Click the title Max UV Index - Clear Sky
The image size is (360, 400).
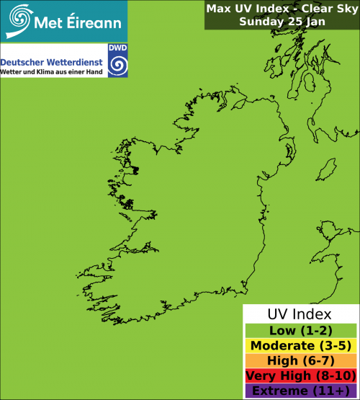281,9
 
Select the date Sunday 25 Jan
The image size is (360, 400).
281,22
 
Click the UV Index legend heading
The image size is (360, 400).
300,314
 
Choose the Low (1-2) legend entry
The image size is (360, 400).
300,331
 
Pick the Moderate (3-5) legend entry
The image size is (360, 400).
300,346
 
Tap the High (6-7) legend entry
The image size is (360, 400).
300,361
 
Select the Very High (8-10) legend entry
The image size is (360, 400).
300,376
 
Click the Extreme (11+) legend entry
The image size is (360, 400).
300,391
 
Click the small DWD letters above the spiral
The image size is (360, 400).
116,48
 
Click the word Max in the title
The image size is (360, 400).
218,9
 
